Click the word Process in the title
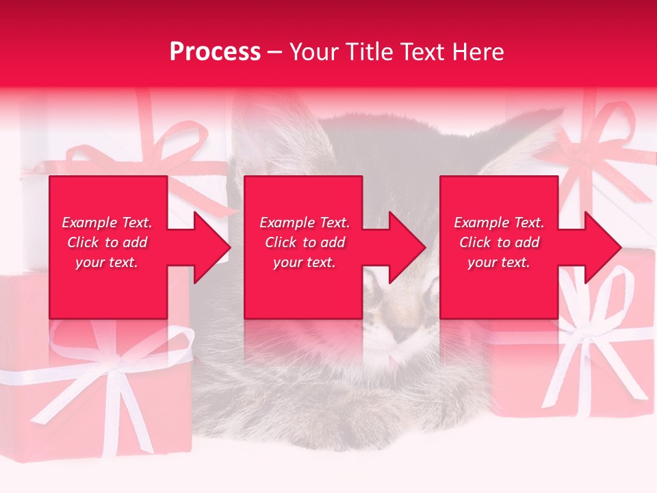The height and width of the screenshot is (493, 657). tap(215, 52)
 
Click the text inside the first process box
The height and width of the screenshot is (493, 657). tap(107, 242)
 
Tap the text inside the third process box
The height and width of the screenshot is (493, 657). tap(499, 242)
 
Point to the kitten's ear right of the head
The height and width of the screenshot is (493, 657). tap(520, 137)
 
